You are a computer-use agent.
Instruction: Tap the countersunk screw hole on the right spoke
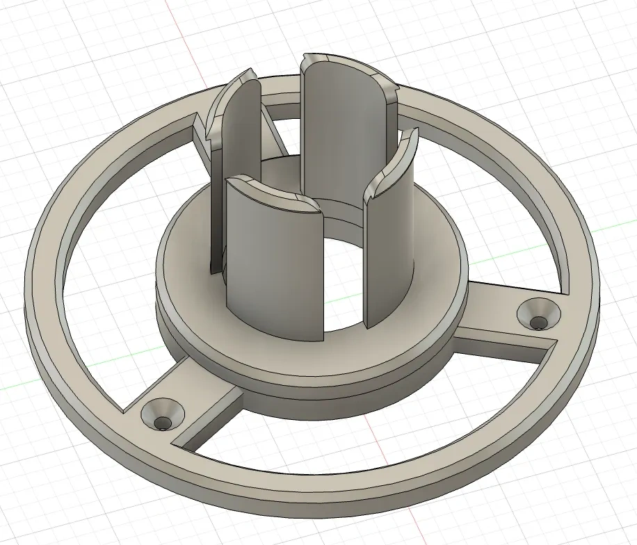tap(539, 318)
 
